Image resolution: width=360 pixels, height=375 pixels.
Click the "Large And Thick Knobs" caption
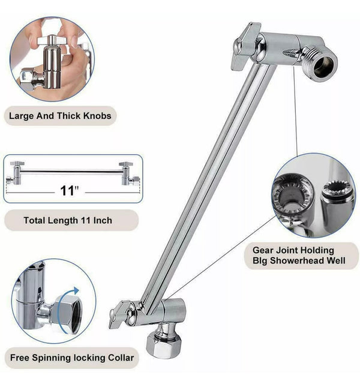60,115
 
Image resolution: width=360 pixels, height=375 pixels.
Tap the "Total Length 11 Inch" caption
67,220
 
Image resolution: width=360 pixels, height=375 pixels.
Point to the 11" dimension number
70,191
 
